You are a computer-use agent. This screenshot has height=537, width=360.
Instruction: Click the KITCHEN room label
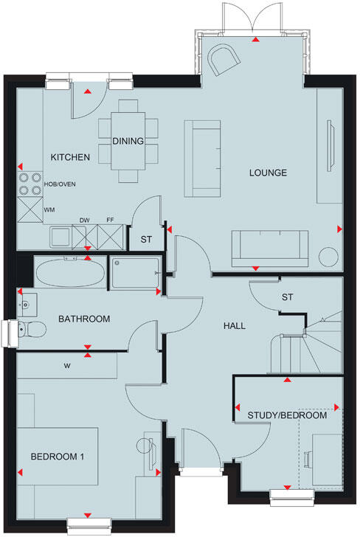point(70,157)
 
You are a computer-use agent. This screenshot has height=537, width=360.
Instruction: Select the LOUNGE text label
point(268,173)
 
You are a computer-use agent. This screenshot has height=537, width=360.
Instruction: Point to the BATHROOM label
point(85,319)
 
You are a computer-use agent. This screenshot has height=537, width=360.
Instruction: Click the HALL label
point(235,325)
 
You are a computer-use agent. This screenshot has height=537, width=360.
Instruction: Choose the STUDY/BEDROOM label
point(288,416)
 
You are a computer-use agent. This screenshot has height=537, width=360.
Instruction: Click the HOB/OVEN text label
point(60,184)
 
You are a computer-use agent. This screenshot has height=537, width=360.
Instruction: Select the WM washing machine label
point(49,210)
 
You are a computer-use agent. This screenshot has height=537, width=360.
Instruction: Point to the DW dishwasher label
point(84,219)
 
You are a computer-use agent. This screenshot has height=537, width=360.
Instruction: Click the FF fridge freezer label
point(110,219)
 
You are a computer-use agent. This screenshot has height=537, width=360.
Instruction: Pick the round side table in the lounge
point(328,256)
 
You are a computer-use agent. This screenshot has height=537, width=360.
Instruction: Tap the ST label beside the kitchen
point(146,239)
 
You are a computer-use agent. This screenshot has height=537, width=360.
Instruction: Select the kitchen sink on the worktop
point(59,237)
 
